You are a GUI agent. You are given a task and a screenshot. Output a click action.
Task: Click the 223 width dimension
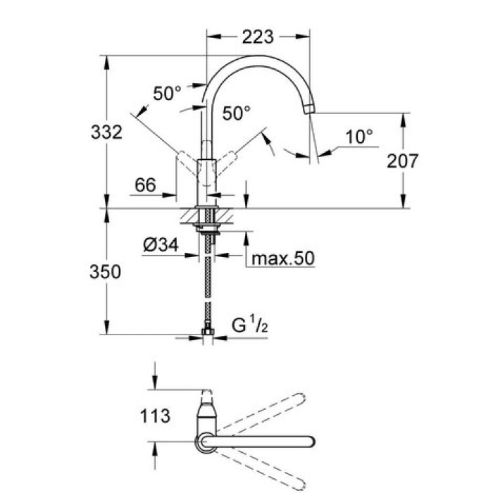click(258, 37)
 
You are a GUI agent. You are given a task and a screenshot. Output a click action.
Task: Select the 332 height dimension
click(106, 132)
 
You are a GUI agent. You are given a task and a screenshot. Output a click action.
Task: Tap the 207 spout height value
click(402, 161)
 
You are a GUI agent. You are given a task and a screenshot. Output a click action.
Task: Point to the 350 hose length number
click(106, 272)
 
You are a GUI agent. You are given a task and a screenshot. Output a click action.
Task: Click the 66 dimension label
click(145, 185)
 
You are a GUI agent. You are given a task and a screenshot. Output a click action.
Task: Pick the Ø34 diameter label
click(161, 244)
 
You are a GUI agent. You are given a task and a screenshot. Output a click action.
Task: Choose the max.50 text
click(283, 258)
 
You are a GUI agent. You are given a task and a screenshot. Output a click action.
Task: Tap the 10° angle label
click(359, 137)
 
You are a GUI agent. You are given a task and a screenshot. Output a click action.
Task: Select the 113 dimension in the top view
click(155, 416)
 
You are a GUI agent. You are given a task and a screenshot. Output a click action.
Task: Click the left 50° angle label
click(168, 93)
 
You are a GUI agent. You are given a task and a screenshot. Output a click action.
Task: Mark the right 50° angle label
click(237, 113)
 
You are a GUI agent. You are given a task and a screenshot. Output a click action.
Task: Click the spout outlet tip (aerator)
click(310, 108)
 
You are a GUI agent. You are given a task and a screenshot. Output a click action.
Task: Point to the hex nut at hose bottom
click(208, 332)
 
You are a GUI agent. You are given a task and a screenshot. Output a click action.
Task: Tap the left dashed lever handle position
click(187, 163)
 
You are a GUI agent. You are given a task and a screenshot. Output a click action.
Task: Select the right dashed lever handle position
click(226, 163)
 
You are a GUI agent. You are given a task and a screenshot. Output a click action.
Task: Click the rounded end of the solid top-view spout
click(310, 442)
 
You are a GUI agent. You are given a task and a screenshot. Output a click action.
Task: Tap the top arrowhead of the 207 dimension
click(404, 120)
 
